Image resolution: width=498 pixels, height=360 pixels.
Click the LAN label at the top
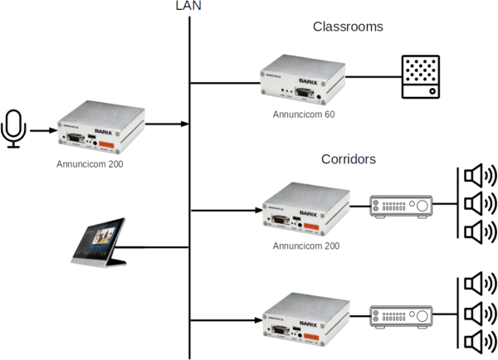pos(189,6)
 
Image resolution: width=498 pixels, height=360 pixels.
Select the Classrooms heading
pos(348,27)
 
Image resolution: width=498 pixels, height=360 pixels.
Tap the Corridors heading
pos(349,158)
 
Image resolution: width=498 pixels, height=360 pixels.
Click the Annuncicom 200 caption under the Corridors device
pos(304,246)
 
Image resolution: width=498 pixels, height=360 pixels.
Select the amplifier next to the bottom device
pos(401,316)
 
